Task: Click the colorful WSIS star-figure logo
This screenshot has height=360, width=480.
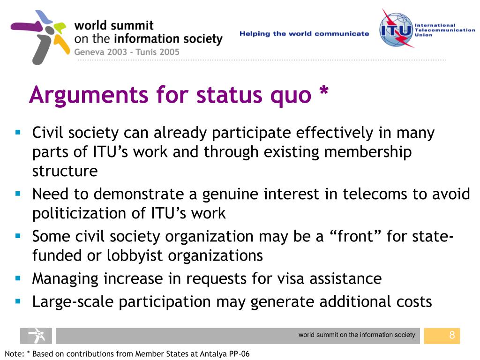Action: (x=40, y=37)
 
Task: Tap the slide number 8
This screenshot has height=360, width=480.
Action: (x=452, y=335)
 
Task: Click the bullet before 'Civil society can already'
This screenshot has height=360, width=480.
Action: (x=18, y=132)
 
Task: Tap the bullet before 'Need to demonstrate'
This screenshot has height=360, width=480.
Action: (x=18, y=193)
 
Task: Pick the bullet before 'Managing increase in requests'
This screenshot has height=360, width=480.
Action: (x=18, y=278)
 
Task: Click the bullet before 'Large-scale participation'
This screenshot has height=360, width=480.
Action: (x=18, y=300)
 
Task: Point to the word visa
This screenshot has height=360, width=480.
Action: (x=301, y=279)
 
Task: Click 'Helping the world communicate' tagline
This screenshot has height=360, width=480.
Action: (x=304, y=34)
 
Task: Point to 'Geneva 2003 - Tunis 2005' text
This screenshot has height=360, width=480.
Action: (x=127, y=52)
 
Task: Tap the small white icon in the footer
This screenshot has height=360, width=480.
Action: (x=36, y=336)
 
